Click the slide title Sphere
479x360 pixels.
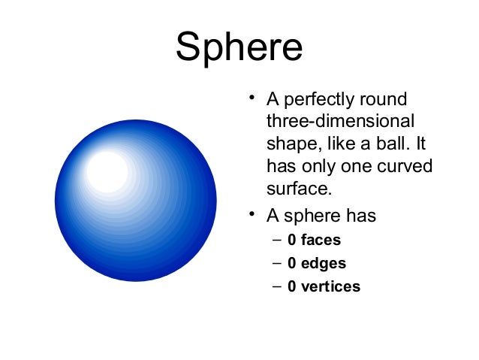pos(239,47)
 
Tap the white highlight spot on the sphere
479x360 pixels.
pos(107,171)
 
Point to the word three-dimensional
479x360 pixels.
pos(340,121)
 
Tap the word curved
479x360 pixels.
pos(406,165)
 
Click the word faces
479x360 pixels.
pos(321,241)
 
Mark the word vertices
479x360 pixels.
pos(330,286)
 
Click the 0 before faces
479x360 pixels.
pos(292,241)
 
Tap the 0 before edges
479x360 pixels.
pos(292,264)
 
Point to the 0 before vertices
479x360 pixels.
pos(292,286)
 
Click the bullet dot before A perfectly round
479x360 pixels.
pos(254,98)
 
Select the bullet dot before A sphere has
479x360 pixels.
pos(254,215)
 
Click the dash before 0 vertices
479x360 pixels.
pos(276,286)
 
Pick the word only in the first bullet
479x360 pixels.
pos(316,165)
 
